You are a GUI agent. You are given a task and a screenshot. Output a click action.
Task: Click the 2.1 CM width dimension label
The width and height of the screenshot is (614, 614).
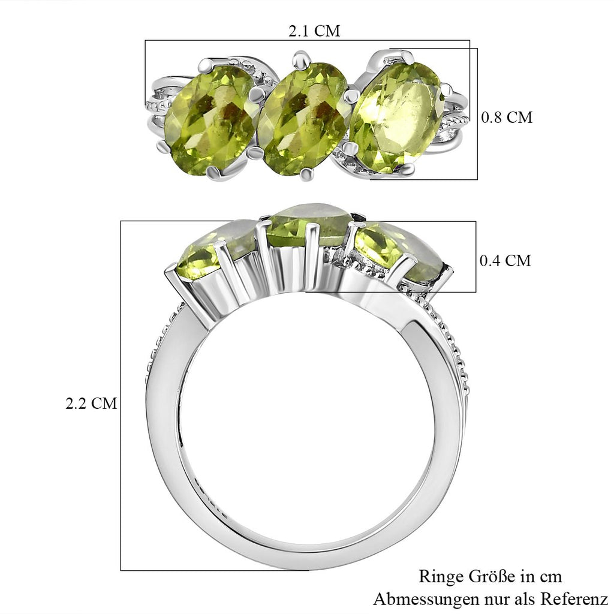(314, 31)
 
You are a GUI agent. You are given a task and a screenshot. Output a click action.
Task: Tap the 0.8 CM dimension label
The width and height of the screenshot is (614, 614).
(507, 117)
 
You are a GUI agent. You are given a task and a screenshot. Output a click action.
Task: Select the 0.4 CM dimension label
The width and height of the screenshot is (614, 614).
(505, 260)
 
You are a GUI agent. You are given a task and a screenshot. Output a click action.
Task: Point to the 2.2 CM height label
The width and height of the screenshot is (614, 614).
(91, 404)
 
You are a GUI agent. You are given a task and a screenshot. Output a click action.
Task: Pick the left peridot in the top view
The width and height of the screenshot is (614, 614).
(210, 120)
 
